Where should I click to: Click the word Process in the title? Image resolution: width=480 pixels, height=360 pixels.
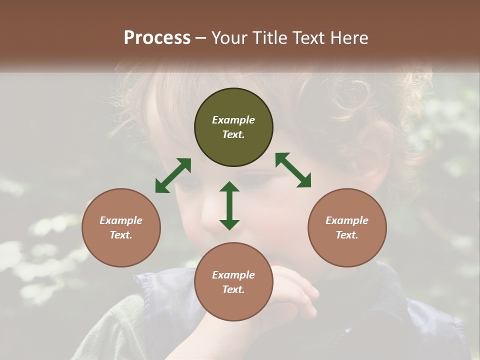coord(157,37)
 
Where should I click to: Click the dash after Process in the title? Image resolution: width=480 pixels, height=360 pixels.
coord(201,38)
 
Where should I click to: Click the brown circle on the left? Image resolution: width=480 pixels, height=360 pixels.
coord(121,227)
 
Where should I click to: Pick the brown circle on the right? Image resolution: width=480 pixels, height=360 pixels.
coord(347,227)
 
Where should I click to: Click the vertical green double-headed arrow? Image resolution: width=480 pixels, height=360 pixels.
coord(229,205)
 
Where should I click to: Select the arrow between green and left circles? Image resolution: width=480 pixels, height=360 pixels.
coord(173,175)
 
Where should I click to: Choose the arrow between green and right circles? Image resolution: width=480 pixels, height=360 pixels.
coord(293,170)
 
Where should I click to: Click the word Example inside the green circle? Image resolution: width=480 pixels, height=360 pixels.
coord(233,120)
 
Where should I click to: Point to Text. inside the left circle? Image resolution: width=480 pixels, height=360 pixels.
coord(121,235)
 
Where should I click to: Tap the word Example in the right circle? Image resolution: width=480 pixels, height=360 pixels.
coord(347,220)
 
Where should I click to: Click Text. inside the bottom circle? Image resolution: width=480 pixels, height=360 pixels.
coord(233,289)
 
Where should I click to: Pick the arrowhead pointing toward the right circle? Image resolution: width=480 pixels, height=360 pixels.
coord(304,180)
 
